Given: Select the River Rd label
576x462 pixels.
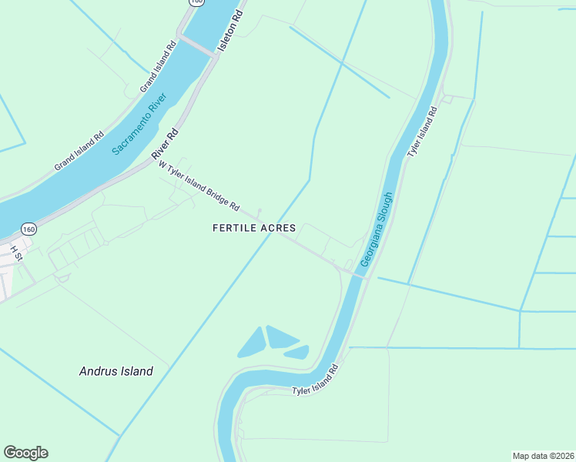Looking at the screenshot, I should pos(165,144).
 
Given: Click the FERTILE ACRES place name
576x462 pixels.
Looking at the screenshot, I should pos(253,228).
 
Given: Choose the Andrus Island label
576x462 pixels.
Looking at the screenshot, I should pos(116,371).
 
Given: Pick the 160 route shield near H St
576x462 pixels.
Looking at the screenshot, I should pos(28,229).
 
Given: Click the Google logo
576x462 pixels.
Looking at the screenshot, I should pos(25,453).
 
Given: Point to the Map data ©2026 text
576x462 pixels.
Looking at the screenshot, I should pos(543,455).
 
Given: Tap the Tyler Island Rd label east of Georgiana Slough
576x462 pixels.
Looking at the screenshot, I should pos(422,132).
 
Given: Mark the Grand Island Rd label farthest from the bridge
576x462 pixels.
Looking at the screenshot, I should pos(79,151).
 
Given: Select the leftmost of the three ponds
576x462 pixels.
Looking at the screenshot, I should pos(250,342).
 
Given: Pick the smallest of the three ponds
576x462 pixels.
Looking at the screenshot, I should pos(297,353).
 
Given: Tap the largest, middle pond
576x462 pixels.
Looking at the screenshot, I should pos(280,336).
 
